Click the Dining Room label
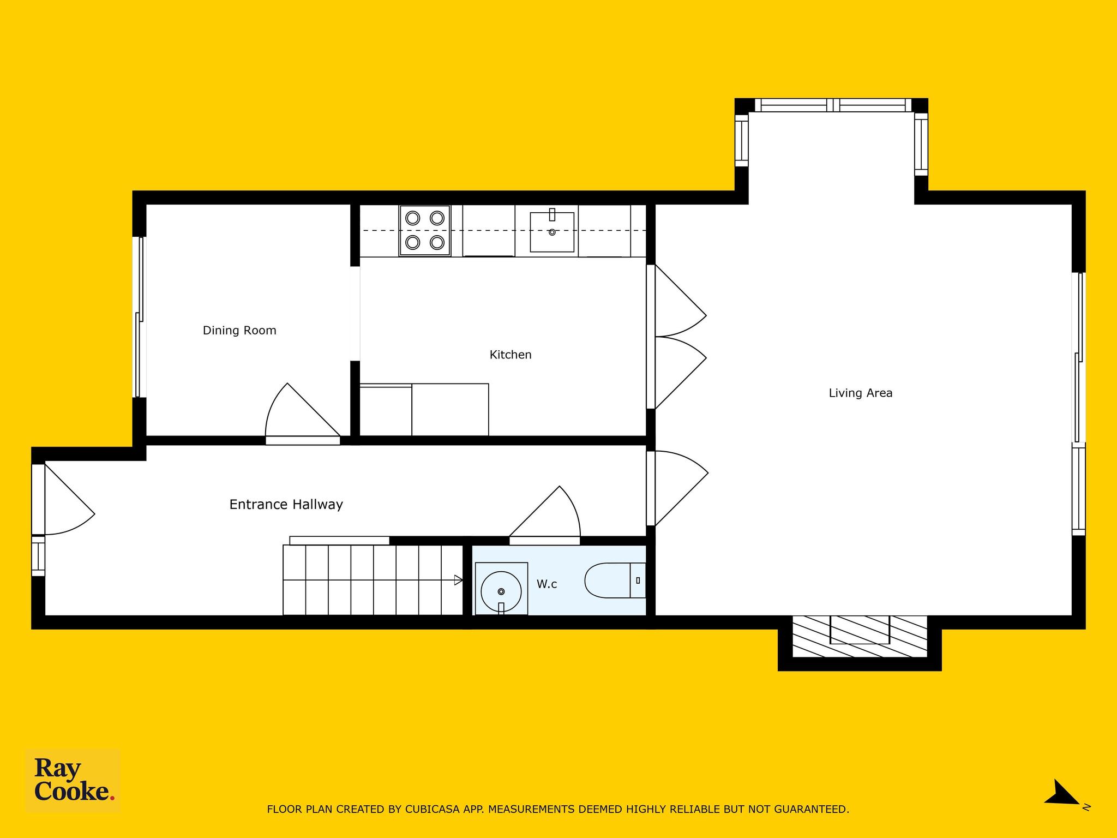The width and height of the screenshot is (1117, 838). click(x=239, y=330)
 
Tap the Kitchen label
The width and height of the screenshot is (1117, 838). click(x=511, y=355)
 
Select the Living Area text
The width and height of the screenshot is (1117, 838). click(x=861, y=393)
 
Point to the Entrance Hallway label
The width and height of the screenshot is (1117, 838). click(x=286, y=505)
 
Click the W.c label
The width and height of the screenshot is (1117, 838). click(x=547, y=584)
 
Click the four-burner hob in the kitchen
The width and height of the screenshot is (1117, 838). click(x=425, y=230)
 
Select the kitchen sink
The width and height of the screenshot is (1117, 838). click(x=552, y=231)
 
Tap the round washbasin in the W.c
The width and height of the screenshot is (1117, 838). click(x=501, y=591)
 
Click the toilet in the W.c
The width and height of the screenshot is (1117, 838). click(x=615, y=580)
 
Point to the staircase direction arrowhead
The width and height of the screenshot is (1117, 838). click(x=458, y=580)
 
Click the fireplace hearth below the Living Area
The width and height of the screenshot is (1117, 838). click(x=860, y=637)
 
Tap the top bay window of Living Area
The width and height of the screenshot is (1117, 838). click(x=833, y=105)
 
